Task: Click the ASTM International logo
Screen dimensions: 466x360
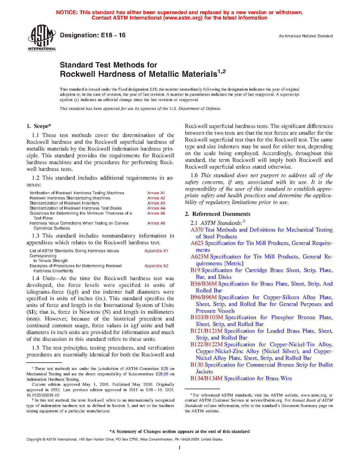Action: click(x=42, y=38)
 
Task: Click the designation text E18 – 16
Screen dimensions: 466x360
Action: click(x=93, y=35)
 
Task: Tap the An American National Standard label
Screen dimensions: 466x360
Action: click(x=306, y=36)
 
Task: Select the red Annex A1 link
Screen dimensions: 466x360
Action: click(x=156, y=193)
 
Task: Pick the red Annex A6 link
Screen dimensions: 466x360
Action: click(x=156, y=223)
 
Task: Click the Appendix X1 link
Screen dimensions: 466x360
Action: click(x=156, y=251)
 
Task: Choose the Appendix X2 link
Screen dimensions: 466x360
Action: click(x=156, y=266)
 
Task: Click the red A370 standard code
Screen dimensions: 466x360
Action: click(x=197, y=230)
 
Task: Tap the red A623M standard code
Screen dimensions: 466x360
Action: click(x=199, y=257)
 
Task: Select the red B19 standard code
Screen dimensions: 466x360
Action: click(x=195, y=270)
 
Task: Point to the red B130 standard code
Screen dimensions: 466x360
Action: click(x=197, y=365)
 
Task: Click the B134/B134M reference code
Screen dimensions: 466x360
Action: click(x=206, y=378)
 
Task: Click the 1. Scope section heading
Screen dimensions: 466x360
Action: click(x=39, y=126)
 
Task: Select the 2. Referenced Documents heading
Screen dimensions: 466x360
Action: click(x=218, y=214)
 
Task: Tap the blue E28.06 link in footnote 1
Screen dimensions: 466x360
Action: click(x=162, y=374)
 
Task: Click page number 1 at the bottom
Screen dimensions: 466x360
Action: click(x=180, y=447)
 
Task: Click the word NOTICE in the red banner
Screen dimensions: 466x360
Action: click(x=67, y=12)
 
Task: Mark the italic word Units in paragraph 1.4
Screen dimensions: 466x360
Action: click(x=48, y=278)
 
